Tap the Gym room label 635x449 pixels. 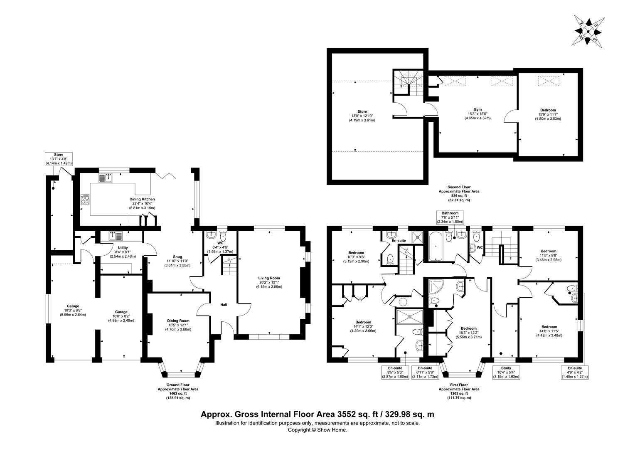477,109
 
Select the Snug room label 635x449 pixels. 177,257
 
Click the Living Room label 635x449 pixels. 269,278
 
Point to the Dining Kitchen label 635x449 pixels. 142,199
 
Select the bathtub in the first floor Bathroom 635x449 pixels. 435,246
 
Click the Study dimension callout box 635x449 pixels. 506,373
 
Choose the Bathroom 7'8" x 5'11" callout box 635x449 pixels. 450,217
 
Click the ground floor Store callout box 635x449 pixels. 59,159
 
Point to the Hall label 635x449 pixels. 224,305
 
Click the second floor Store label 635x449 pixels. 362,111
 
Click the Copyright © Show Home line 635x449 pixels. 317,430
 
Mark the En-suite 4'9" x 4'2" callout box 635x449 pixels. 575,373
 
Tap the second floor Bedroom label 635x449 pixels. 548,110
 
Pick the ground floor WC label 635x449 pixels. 220,243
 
